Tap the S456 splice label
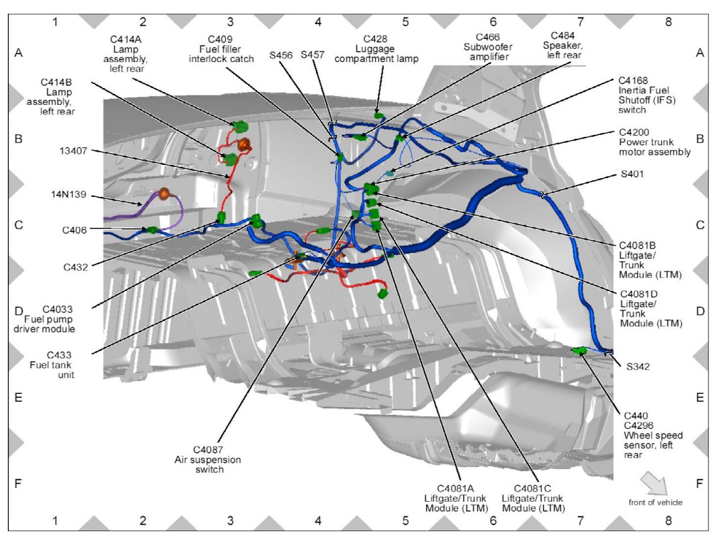click(x=281, y=55)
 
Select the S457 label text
click(x=312, y=55)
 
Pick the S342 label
click(x=639, y=366)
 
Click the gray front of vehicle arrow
click(x=655, y=483)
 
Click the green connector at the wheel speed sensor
click(x=580, y=350)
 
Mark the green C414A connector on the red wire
click(x=240, y=126)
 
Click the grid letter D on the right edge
click(x=699, y=311)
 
